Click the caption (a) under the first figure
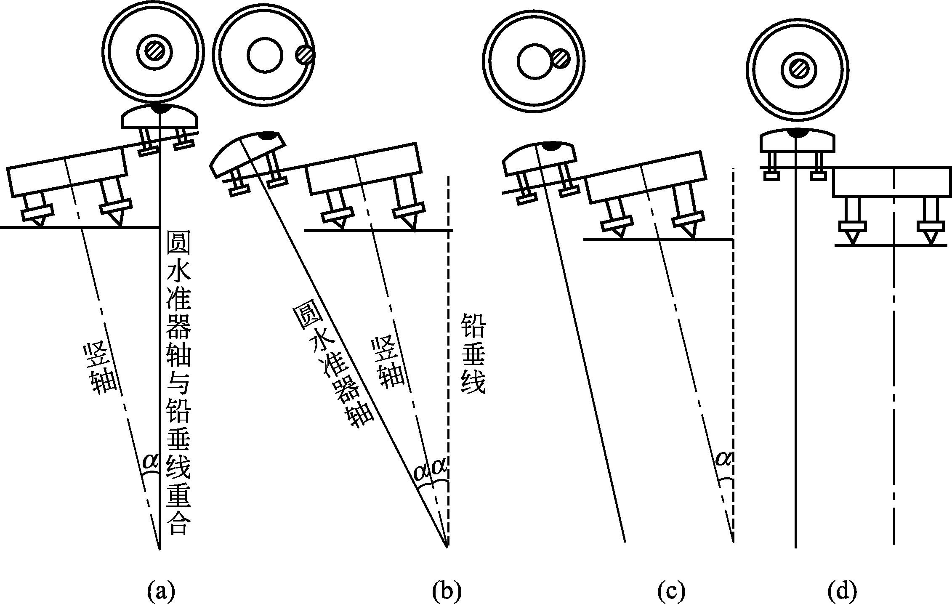161,591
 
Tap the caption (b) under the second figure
447,591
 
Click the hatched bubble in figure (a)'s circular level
155,51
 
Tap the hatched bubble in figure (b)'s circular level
304,55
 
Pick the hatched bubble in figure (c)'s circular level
561,59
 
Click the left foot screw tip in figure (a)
39,222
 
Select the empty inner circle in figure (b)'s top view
265,56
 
